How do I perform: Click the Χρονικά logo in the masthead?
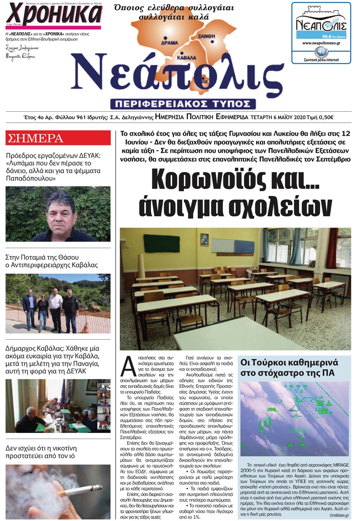(54, 14)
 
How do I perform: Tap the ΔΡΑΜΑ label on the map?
(169, 43)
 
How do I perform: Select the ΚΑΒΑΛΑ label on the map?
(186, 58)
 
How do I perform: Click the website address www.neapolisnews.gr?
(321, 43)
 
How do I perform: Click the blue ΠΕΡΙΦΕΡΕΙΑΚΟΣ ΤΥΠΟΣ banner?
(183, 104)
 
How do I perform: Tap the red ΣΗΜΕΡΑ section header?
(58, 138)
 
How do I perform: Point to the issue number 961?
(81, 117)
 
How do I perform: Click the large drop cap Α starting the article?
(129, 366)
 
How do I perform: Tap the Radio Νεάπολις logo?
(321, 26)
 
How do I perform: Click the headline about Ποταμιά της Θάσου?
(51, 261)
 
